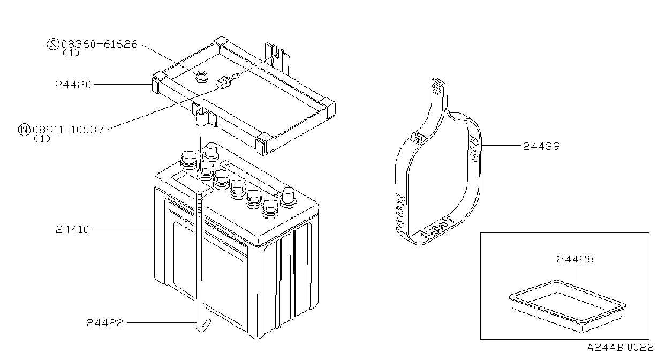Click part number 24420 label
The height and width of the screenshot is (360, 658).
tap(73, 85)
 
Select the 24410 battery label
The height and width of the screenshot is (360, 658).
tap(72, 229)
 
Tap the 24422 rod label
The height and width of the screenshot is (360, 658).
tap(105, 323)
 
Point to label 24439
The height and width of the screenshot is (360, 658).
tap(541, 146)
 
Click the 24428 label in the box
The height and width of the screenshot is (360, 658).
tap(575, 259)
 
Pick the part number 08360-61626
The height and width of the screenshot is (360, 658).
tap(99, 44)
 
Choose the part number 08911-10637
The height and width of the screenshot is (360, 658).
tap(68, 130)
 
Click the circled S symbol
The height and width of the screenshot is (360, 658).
tap(53, 44)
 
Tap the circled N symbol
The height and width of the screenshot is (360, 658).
tap(24, 130)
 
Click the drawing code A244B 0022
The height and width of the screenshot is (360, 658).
tap(620, 348)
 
